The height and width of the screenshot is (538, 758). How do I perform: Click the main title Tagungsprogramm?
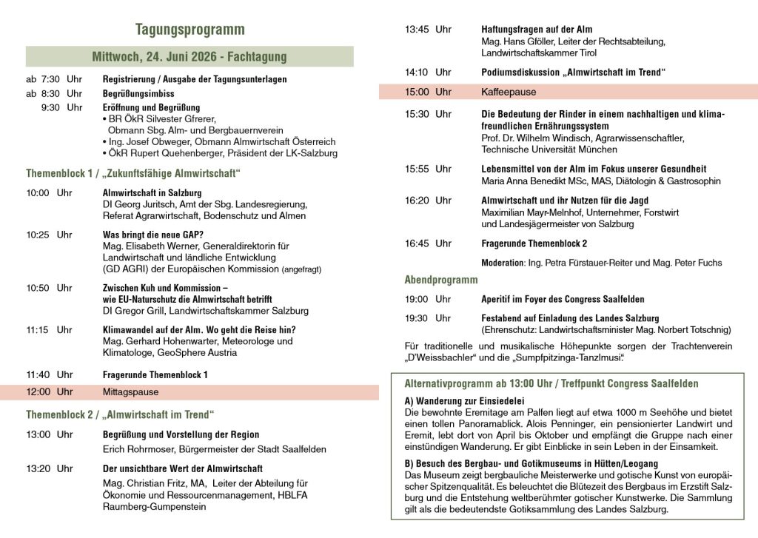point(189,30)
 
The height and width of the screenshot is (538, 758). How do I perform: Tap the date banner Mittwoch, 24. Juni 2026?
point(189,56)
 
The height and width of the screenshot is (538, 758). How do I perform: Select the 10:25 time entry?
point(50,235)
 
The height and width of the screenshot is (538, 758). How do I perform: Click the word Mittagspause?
point(130,391)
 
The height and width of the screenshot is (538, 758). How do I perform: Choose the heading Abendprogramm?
point(441,280)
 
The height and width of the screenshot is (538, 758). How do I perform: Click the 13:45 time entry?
point(428,30)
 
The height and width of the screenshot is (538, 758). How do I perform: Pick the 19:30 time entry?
point(428,317)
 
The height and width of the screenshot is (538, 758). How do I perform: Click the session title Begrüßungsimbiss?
point(138,93)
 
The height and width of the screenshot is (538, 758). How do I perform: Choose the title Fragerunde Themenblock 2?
point(534,243)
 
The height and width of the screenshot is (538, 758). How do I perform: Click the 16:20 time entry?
point(428,200)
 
